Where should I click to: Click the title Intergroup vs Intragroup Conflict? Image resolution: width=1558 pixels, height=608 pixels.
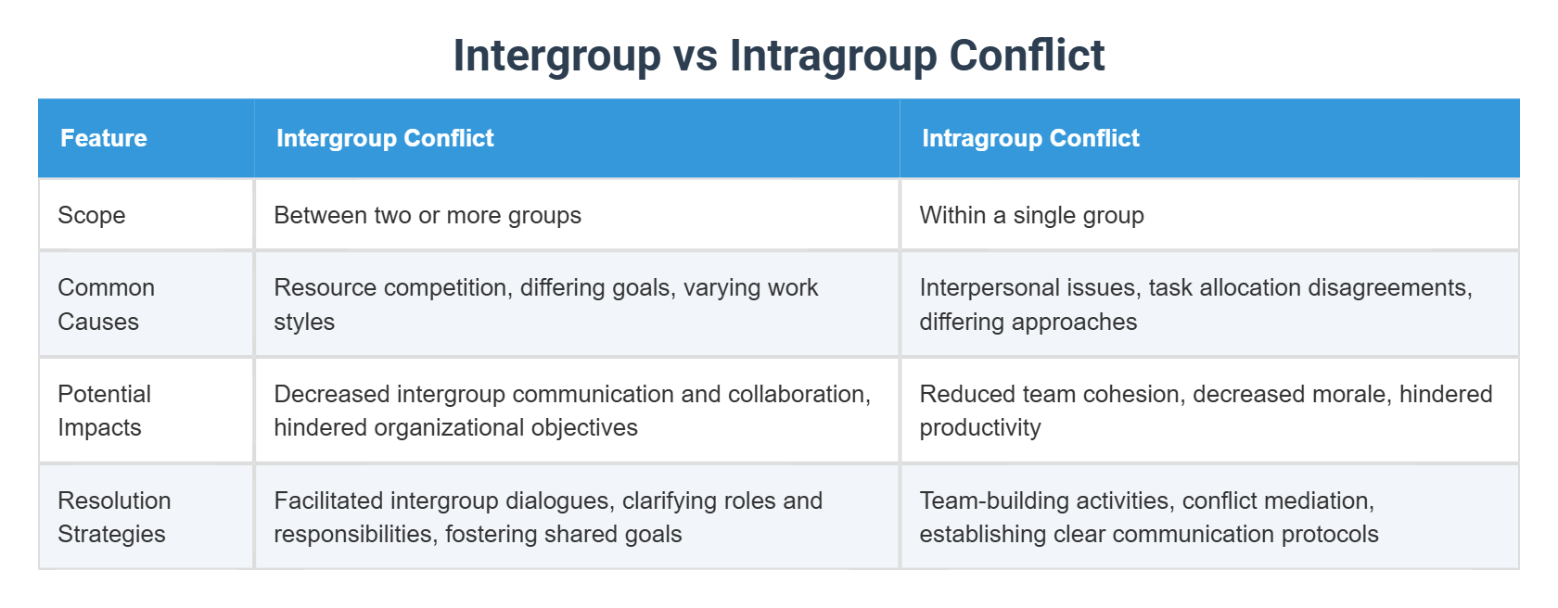pyautogui.click(x=778, y=56)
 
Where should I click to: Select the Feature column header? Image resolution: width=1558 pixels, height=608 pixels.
pyautogui.click(x=104, y=138)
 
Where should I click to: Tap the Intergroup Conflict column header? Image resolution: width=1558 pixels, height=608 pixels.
pyautogui.click(x=385, y=138)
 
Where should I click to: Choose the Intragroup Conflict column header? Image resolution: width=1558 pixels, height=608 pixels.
pyautogui.click(x=1030, y=138)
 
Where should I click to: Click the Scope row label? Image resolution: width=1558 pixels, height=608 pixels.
pyautogui.click(x=92, y=215)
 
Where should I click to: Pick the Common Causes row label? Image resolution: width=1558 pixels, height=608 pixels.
pyautogui.click(x=106, y=304)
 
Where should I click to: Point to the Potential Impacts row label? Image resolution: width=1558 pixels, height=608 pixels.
pyautogui.click(x=104, y=411)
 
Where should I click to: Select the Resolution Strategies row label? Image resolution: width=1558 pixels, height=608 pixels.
pyautogui.click(x=114, y=517)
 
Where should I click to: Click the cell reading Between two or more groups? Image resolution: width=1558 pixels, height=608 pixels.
pyautogui.click(x=428, y=215)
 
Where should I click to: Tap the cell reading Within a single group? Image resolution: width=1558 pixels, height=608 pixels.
pyautogui.click(x=1031, y=215)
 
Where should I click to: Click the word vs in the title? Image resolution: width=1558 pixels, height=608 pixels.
pyautogui.click(x=695, y=56)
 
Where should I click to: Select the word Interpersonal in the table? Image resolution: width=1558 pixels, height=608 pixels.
pyautogui.click(x=983, y=287)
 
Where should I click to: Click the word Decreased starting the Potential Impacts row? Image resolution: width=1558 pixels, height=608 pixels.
pyautogui.click(x=331, y=394)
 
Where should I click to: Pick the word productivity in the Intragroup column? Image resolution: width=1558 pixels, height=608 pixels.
pyautogui.click(x=980, y=427)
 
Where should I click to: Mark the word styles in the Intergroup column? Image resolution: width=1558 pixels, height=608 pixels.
pyautogui.click(x=304, y=322)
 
